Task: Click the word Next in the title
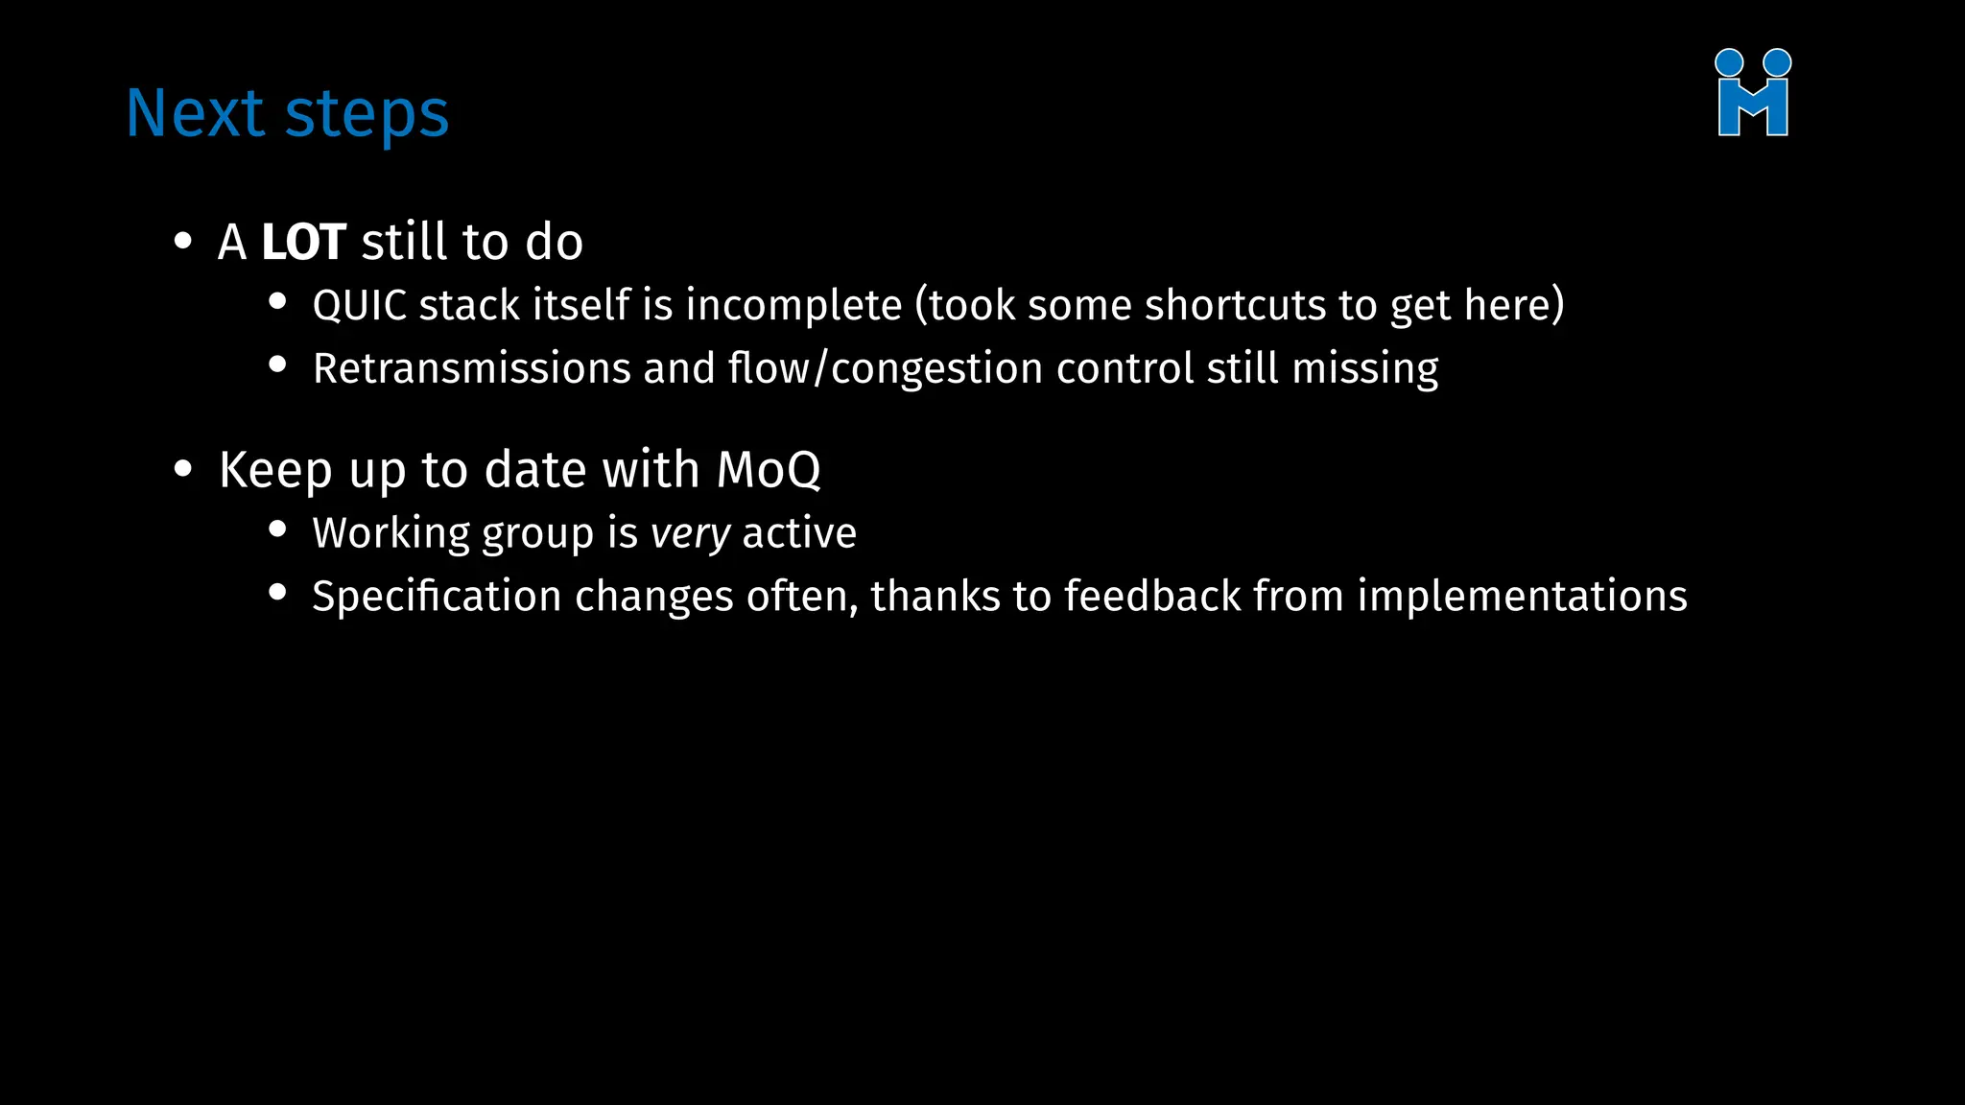click(x=195, y=113)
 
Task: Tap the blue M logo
click(x=1752, y=94)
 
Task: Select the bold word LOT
click(x=303, y=242)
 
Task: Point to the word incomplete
click(x=793, y=306)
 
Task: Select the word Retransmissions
click(x=471, y=369)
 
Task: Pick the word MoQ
click(x=769, y=470)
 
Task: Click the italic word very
click(x=690, y=534)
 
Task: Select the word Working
click(x=391, y=534)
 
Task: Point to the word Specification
click(x=437, y=598)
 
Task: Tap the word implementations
click(x=1522, y=598)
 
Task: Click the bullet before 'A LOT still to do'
click(x=182, y=242)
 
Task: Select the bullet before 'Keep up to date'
click(x=182, y=470)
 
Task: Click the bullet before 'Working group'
click(x=277, y=529)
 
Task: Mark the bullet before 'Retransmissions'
click(x=277, y=364)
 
